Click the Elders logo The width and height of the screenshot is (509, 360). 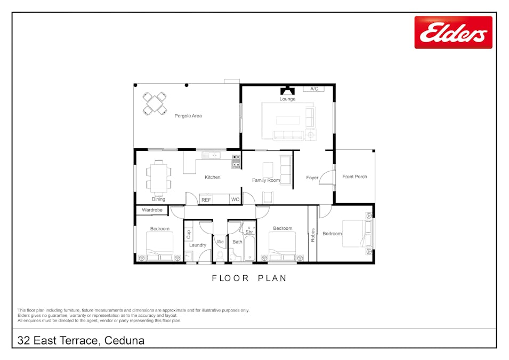pyautogui.click(x=453, y=33)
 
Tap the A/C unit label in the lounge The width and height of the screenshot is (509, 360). pyautogui.click(x=314, y=89)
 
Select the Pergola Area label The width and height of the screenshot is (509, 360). pyautogui.click(x=188, y=116)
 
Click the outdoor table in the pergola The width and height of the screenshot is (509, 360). pyautogui.click(x=155, y=103)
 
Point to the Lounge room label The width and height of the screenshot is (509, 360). pyautogui.click(x=287, y=99)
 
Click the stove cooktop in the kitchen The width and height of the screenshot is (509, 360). pyautogui.click(x=236, y=162)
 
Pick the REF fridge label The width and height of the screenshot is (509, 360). pyautogui.click(x=206, y=200)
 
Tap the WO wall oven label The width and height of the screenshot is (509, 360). pyautogui.click(x=236, y=199)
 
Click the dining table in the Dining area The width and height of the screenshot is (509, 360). pyautogui.click(x=158, y=178)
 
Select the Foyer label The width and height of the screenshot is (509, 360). pyautogui.click(x=312, y=178)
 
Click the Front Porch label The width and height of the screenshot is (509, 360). pyautogui.click(x=354, y=177)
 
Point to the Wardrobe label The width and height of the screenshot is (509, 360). pyautogui.click(x=152, y=210)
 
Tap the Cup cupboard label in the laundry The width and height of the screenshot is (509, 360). pyautogui.click(x=189, y=234)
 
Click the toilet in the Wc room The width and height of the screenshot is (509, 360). pyautogui.click(x=220, y=255)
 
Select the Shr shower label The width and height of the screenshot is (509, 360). pyautogui.click(x=249, y=232)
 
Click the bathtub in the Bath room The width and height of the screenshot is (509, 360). pyautogui.click(x=249, y=248)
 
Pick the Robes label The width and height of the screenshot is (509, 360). pyautogui.click(x=313, y=235)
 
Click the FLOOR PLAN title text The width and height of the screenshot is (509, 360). pyautogui.click(x=249, y=278)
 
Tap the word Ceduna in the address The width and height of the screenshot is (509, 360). pyautogui.click(x=124, y=340)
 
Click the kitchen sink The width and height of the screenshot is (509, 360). pyautogui.click(x=211, y=155)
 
